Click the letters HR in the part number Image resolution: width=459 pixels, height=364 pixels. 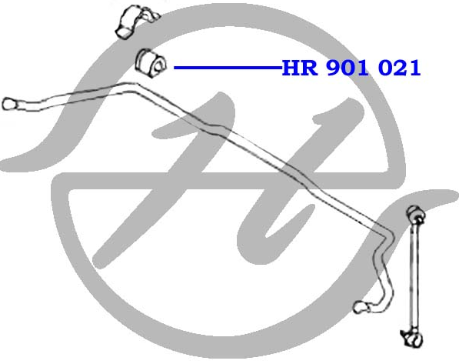(299, 68)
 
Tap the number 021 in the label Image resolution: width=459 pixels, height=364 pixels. (399, 68)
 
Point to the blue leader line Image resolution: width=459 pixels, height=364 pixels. (228, 68)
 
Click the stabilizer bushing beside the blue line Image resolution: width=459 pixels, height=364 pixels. (151, 62)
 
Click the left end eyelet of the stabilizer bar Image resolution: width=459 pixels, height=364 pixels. (9, 104)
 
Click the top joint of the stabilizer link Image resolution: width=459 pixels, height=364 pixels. (416, 214)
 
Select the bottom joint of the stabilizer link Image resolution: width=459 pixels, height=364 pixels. (412, 338)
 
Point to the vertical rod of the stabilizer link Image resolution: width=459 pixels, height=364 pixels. (414, 276)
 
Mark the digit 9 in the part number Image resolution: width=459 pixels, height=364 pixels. (334, 68)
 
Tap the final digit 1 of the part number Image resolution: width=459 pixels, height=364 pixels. (415, 68)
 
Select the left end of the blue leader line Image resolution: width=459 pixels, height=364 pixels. (175, 68)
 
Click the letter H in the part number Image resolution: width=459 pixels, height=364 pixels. (291, 68)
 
